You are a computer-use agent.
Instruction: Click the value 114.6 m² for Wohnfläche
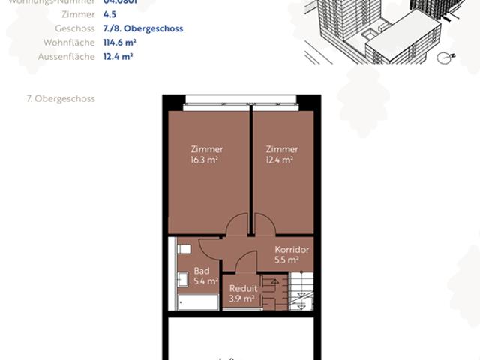(x=118, y=43)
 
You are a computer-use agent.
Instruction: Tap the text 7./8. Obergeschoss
(x=142, y=28)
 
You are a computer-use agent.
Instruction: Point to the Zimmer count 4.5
(x=109, y=14)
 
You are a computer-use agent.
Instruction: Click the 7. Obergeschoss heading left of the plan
(x=60, y=98)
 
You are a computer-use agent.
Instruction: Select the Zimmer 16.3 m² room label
(x=206, y=154)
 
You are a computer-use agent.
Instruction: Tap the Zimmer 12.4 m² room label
(x=281, y=154)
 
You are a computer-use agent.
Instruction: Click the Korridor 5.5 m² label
(x=292, y=254)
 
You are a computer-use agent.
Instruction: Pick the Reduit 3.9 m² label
(x=243, y=292)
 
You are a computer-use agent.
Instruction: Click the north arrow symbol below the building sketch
(x=448, y=55)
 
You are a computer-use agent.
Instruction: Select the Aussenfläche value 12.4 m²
(x=118, y=56)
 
